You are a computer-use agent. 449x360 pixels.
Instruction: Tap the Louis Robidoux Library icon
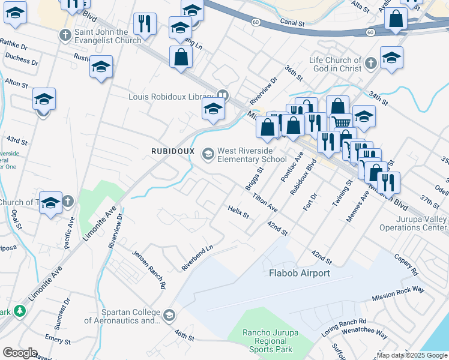click(x=223, y=95)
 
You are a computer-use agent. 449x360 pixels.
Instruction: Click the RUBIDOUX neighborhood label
click(x=172, y=151)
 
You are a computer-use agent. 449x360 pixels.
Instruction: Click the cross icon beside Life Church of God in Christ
click(x=371, y=62)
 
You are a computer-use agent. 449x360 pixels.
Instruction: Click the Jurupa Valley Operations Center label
click(x=412, y=224)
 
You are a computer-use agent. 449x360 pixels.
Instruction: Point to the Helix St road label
click(x=238, y=211)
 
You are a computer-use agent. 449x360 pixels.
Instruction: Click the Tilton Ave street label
click(x=265, y=202)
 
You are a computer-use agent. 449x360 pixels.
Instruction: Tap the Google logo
click(x=20, y=353)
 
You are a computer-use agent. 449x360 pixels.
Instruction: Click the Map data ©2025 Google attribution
click(x=411, y=355)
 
